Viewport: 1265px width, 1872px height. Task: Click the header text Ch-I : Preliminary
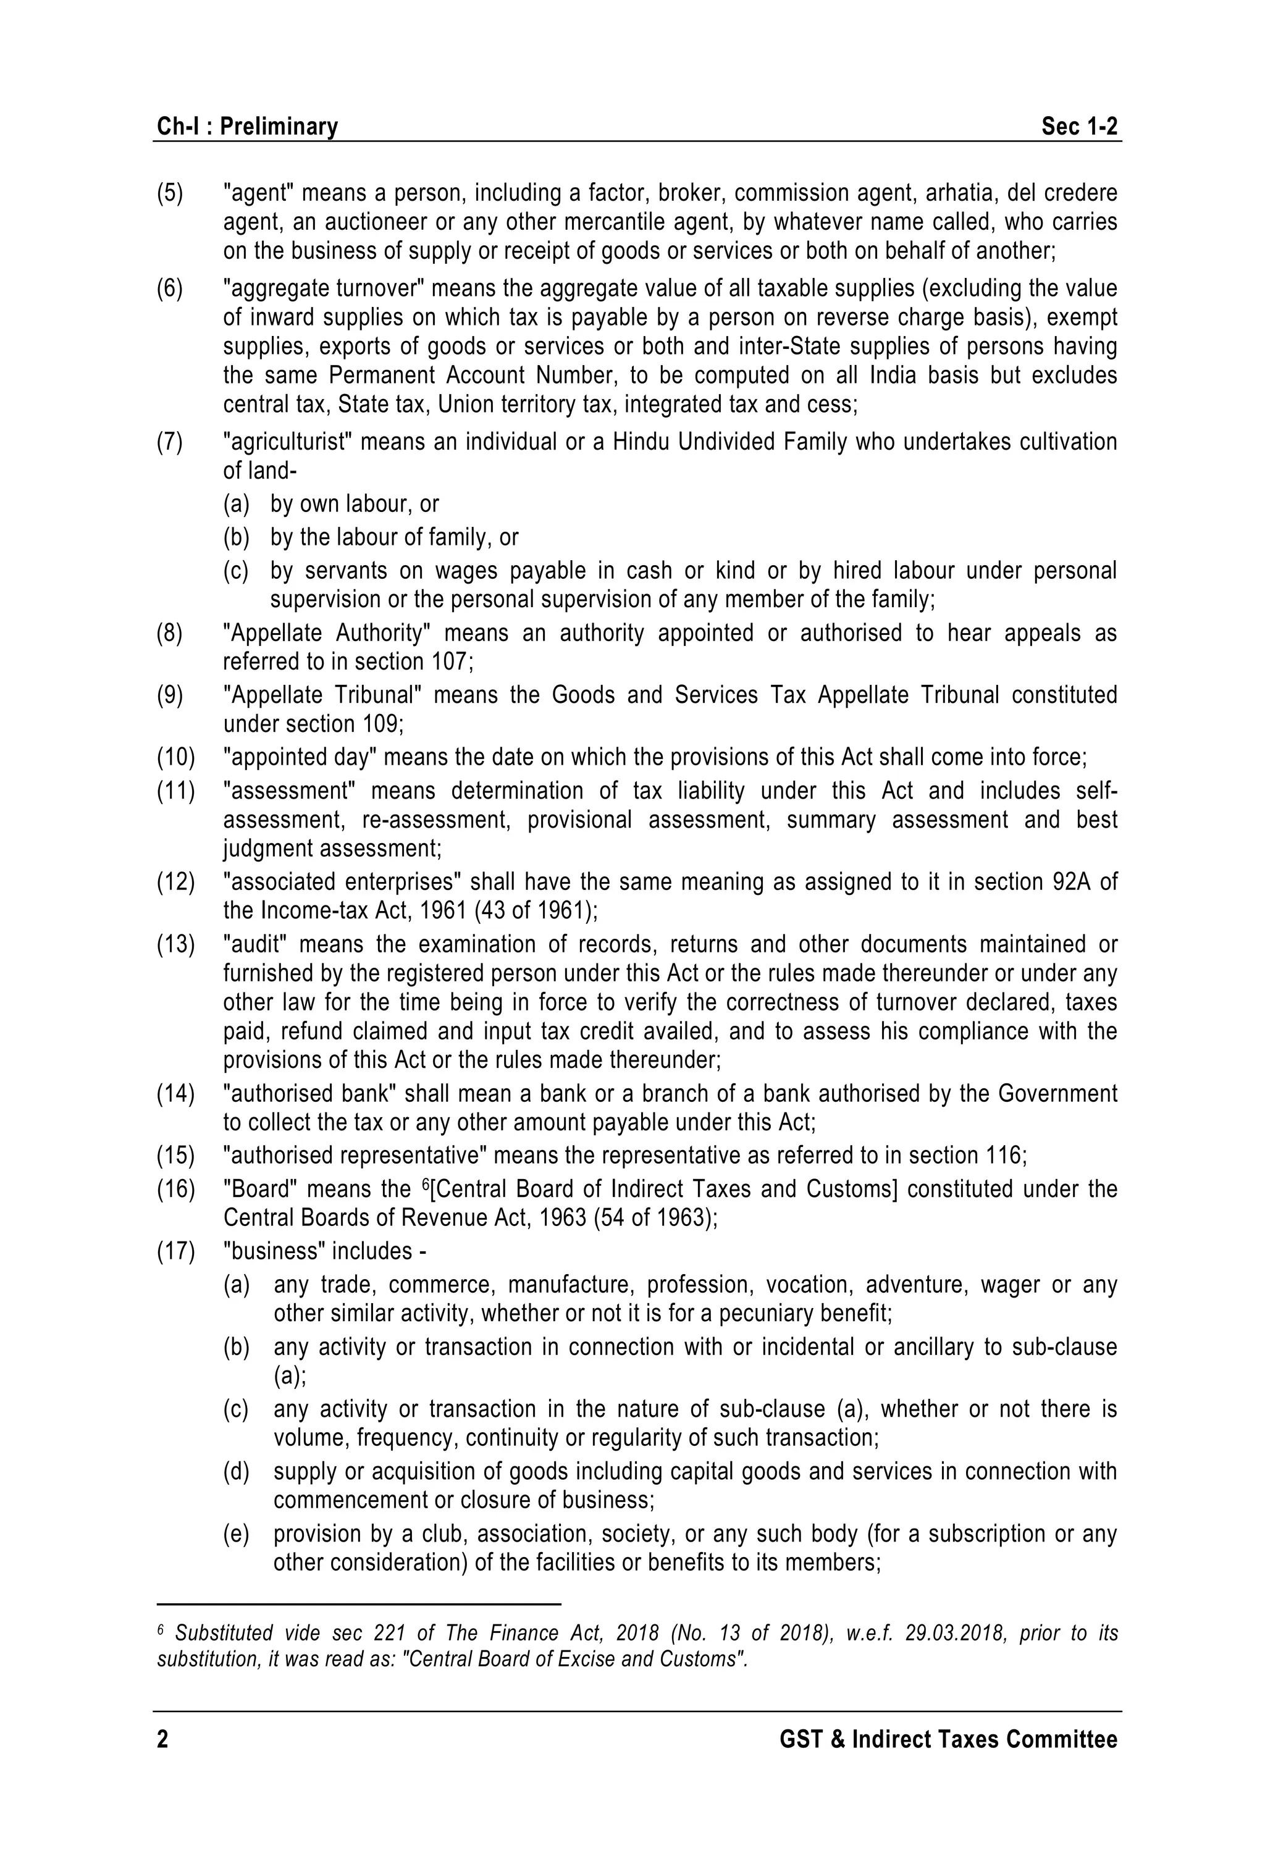[247, 127]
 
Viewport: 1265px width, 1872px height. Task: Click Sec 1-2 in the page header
[1079, 127]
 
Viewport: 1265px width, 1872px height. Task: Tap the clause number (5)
[170, 193]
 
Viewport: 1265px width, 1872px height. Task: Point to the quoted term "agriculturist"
[286, 442]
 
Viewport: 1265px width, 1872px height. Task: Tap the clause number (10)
[175, 757]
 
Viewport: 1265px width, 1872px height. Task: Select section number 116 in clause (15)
[1002, 1156]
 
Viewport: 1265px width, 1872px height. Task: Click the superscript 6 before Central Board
[426, 1184]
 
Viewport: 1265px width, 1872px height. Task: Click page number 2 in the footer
[163, 1740]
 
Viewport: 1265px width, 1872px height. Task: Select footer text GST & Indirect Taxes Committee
[948, 1740]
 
